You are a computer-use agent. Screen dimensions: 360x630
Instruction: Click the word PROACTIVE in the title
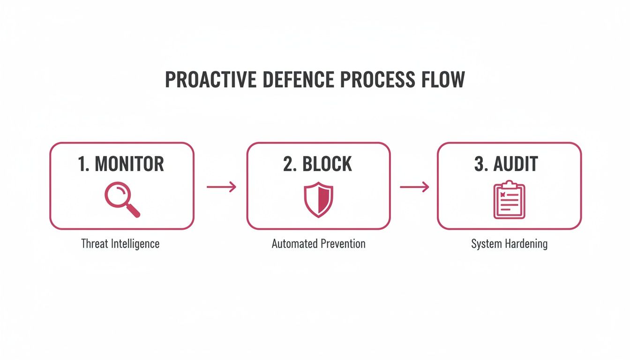(x=206, y=80)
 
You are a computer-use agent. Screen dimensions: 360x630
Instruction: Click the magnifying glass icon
(x=121, y=200)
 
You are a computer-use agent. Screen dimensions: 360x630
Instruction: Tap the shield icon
(x=319, y=200)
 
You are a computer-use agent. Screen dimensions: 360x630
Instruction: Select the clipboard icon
(x=510, y=201)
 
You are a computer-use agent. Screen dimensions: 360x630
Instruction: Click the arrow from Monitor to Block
(x=221, y=187)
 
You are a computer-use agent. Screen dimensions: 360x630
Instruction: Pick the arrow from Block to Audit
(x=414, y=187)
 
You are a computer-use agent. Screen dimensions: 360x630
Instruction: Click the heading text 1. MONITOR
(x=121, y=164)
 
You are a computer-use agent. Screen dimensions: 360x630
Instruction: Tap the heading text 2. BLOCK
(x=318, y=164)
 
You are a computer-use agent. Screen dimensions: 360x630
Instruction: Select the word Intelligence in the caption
(x=136, y=244)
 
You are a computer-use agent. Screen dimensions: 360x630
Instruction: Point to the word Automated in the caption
(x=294, y=244)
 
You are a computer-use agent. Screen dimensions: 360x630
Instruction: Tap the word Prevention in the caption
(x=342, y=244)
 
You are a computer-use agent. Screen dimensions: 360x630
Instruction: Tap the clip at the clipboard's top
(x=510, y=184)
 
